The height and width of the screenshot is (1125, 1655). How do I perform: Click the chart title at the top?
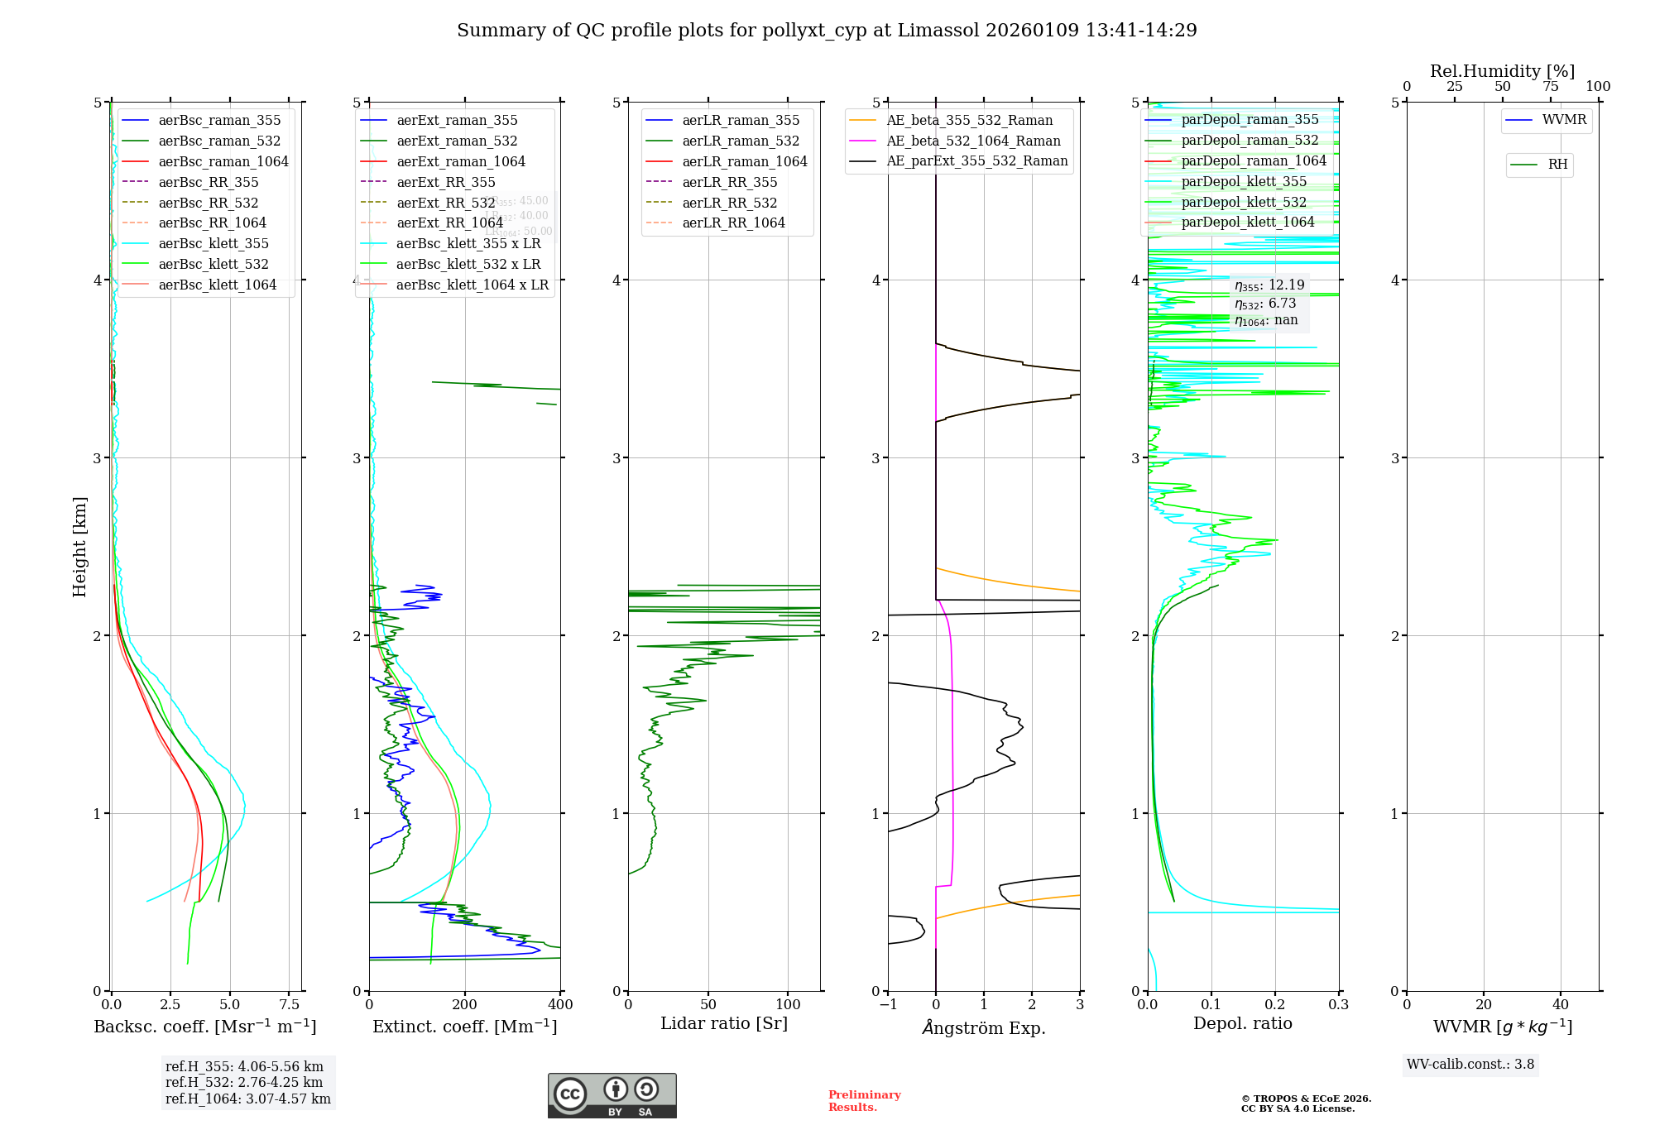pyautogui.click(x=827, y=31)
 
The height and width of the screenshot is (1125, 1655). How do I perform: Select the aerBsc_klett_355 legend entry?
pyautogui.click(x=213, y=243)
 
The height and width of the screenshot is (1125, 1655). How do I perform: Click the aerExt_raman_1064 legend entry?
pyautogui.click(x=460, y=161)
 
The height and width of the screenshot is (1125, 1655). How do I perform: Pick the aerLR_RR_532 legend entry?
pyautogui.click(x=729, y=203)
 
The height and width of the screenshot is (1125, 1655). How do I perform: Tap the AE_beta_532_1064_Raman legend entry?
pyautogui.click(x=973, y=141)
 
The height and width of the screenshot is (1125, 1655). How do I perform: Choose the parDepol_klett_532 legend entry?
pyautogui.click(x=1243, y=202)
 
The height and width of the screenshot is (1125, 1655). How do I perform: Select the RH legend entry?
pyautogui.click(x=1557, y=165)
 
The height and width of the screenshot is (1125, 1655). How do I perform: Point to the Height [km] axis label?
pyautogui.click(x=79, y=547)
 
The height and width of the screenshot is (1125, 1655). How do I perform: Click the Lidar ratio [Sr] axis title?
pyautogui.click(x=724, y=1023)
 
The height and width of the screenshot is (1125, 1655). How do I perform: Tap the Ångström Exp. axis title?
pyautogui.click(x=984, y=1027)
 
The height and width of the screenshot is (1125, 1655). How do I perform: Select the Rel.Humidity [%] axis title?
pyautogui.click(x=1502, y=71)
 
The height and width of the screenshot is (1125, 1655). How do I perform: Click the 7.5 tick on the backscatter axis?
pyautogui.click(x=289, y=1004)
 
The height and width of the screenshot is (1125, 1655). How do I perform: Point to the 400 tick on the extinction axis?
pyautogui.click(x=560, y=1004)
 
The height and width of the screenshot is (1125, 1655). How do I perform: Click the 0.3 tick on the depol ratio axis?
pyautogui.click(x=1338, y=1004)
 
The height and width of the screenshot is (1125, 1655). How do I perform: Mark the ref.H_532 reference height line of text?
pyautogui.click(x=244, y=1082)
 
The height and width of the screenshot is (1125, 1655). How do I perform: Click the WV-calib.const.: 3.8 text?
pyautogui.click(x=1470, y=1064)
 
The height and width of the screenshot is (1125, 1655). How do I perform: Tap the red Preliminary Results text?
pyautogui.click(x=864, y=1100)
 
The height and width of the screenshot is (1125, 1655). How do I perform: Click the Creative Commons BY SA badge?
pyautogui.click(x=612, y=1095)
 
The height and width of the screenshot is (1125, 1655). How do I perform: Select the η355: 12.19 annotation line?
pyautogui.click(x=1269, y=285)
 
